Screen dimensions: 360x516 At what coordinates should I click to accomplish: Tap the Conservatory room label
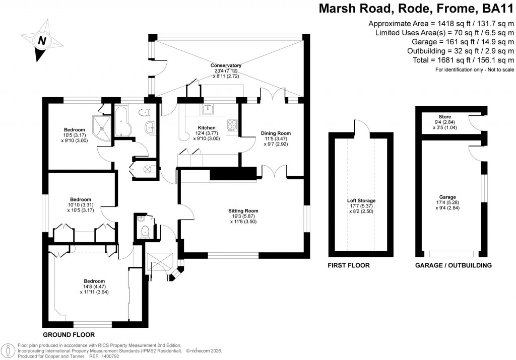click(226, 65)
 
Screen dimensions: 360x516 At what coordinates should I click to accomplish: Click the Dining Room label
click(276, 133)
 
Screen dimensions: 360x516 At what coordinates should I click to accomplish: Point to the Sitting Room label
click(243, 210)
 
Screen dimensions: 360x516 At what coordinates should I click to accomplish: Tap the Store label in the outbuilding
click(444, 116)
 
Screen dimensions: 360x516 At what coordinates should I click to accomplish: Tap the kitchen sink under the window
click(207, 108)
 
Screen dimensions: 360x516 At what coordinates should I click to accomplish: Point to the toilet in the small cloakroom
click(145, 231)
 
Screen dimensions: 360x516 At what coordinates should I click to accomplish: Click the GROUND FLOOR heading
click(69, 334)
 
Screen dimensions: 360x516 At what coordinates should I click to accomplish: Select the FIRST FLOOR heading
click(349, 265)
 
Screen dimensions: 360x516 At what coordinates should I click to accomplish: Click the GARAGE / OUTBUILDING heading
click(453, 265)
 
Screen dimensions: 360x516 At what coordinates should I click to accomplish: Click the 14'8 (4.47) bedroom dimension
click(94, 287)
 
